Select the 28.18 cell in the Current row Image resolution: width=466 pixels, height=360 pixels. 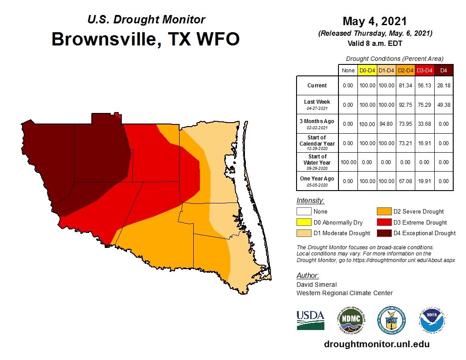[x=443, y=86]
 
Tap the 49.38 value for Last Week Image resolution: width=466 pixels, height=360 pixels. [x=443, y=105]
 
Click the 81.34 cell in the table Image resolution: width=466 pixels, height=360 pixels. [x=406, y=86]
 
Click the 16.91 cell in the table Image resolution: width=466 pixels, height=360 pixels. [x=425, y=143]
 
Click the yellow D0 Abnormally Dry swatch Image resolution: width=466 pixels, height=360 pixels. [x=303, y=222]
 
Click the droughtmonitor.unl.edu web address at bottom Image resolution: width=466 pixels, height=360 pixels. [x=376, y=344]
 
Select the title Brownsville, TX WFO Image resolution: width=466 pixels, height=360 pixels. [x=146, y=39]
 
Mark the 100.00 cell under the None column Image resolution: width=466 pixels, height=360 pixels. [x=348, y=162]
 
